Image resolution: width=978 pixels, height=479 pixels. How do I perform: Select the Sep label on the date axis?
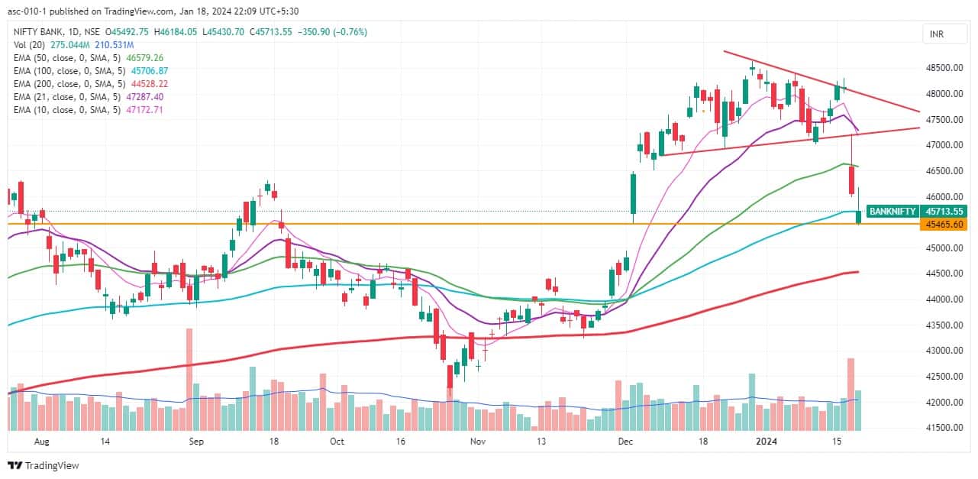click(x=196, y=442)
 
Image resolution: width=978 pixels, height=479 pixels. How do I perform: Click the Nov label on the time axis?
click(x=478, y=442)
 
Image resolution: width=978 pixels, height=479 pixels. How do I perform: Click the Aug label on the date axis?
click(x=42, y=442)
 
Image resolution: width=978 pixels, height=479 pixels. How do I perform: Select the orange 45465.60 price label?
click(x=942, y=224)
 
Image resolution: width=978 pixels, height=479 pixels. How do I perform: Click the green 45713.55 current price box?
click(x=942, y=211)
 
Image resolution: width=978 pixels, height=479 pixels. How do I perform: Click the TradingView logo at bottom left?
click(x=44, y=465)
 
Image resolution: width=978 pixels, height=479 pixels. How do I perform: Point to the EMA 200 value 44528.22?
click(x=150, y=83)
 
